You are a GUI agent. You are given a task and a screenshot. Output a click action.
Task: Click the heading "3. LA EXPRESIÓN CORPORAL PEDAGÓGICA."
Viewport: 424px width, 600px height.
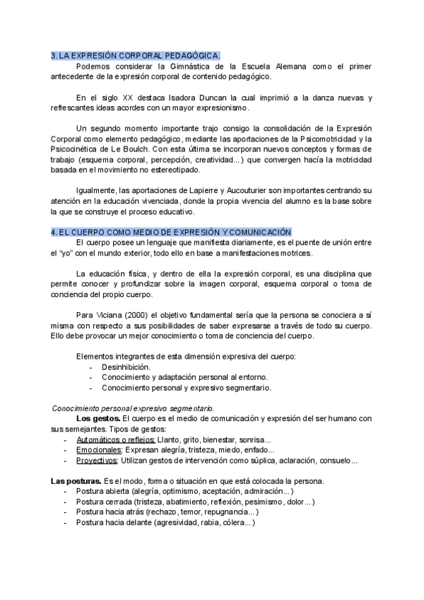pyautogui.click(x=136, y=55)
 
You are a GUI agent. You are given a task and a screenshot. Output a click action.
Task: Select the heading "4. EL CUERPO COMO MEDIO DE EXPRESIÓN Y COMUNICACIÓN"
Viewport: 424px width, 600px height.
pyautogui.click(x=171, y=232)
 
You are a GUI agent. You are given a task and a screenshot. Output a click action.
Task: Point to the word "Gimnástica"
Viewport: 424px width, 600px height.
pyautogui.click(x=163, y=66)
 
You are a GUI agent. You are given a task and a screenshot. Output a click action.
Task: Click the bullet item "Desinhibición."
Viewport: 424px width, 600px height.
pyautogui.click(x=126, y=367)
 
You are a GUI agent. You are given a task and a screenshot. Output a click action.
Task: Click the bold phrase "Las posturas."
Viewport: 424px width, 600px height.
pyautogui.click(x=75, y=481)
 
